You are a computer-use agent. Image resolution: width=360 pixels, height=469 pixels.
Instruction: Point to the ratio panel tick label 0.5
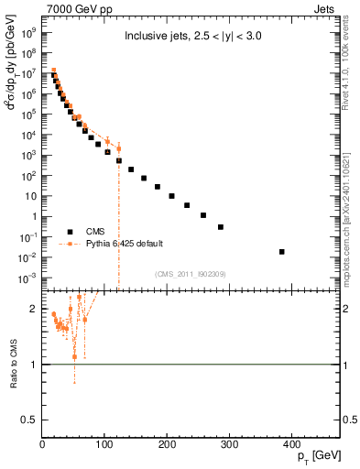coord(30,420)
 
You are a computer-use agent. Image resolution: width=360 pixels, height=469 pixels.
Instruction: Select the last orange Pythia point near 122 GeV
coord(118,148)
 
